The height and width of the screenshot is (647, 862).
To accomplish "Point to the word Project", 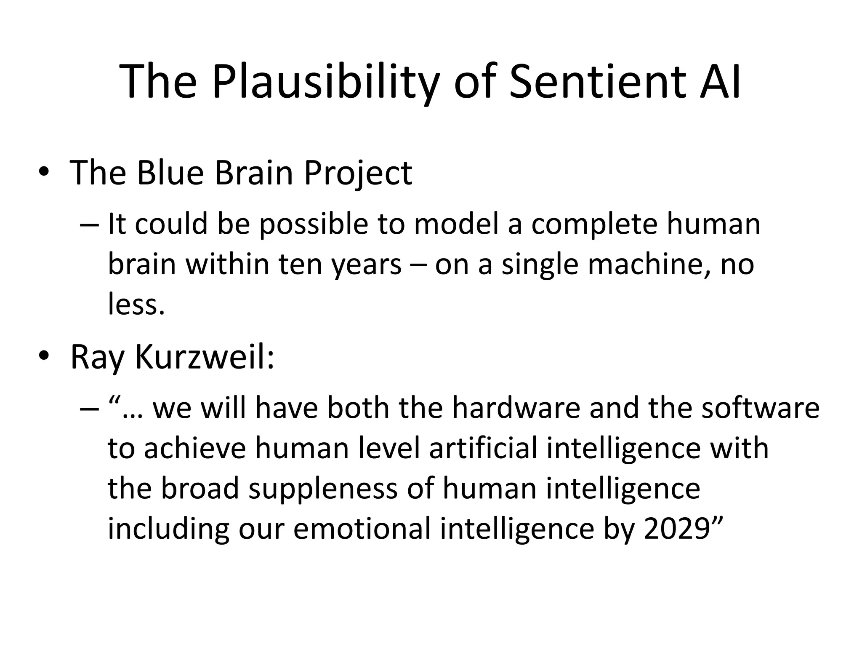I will pos(358,174).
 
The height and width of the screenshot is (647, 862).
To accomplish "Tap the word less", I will pos(136,304).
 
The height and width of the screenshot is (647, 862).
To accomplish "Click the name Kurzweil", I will pos(204,357).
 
